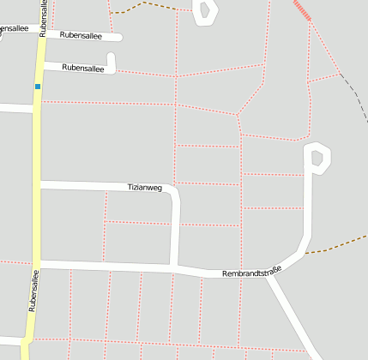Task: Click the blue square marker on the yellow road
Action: pos(38,86)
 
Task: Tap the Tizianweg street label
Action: pos(144,187)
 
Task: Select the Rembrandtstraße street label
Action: pos(252,273)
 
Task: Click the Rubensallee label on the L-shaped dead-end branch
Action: pos(83,68)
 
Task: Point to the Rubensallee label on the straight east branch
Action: pos(81,36)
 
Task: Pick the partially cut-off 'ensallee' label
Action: pos(13,29)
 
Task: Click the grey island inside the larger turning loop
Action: pos(317,158)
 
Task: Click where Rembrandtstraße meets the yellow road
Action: pos(37,263)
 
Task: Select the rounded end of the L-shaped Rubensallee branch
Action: pos(112,57)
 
